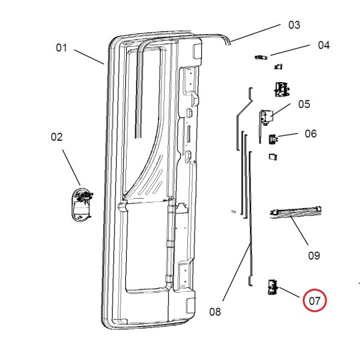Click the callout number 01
tap(61, 47)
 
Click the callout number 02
tap(57, 137)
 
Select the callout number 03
tap(294, 25)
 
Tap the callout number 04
tap(323, 45)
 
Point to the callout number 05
tap(304, 103)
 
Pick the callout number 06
tap(311, 133)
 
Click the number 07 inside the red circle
tap(315, 301)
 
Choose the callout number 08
tap(215, 311)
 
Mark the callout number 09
tap(313, 255)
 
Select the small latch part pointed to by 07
tap(272, 287)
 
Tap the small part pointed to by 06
tap(273, 139)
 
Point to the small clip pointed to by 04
tap(260, 57)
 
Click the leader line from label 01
tap(89, 57)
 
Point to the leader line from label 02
tap(72, 167)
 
